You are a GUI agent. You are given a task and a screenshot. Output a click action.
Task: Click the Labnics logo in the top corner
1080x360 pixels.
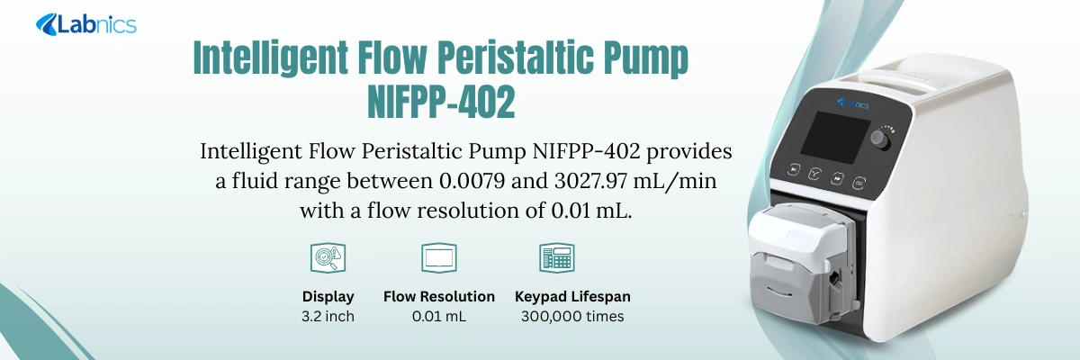click(x=86, y=24)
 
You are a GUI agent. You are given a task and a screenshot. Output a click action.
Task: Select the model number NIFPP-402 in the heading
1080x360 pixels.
click(x=442, y=102)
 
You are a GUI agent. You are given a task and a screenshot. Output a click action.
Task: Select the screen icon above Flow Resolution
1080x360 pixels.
click(x=439, y=258)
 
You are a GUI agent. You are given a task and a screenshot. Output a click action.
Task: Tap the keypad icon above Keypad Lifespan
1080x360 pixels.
click(x=556, y=258)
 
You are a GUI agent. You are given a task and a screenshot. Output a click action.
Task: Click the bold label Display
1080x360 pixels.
click(x=328, y=296)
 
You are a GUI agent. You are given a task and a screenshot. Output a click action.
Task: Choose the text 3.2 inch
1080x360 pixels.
click(x=328, y=317)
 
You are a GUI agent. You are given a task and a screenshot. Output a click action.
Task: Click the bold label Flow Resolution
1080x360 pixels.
click(x=439, y=296)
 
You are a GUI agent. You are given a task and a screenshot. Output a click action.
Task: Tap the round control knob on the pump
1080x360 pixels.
click(x=877, y=139)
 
